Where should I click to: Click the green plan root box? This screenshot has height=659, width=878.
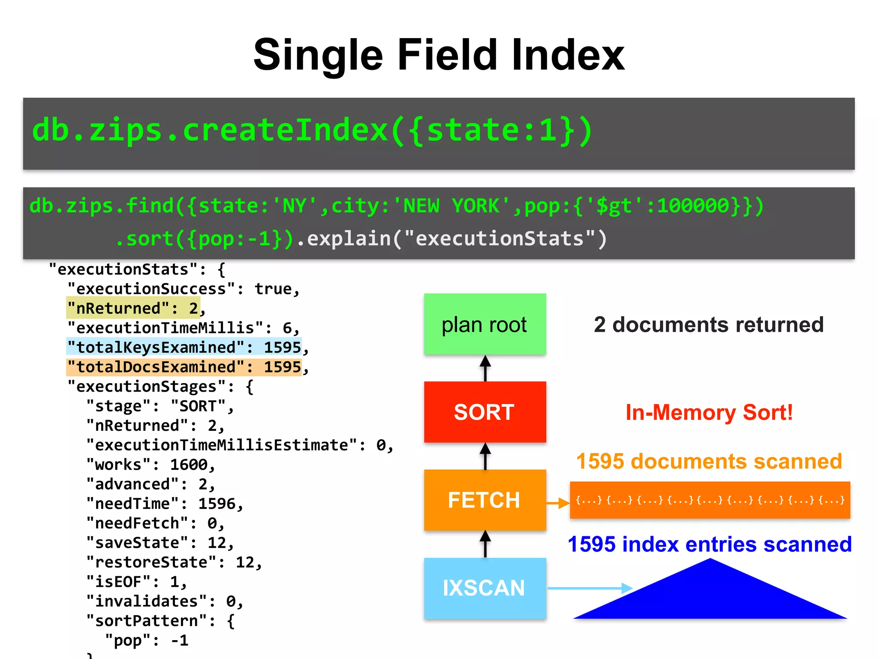pyautogui.click(x=485, y=324)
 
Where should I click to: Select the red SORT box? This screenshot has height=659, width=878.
pyautogui.click(x=485, y=412)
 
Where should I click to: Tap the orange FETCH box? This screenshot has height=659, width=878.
pyautogui.click(x=485, y=500)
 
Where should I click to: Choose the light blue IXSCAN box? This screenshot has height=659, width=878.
pyautogui.click(x=485, y=588)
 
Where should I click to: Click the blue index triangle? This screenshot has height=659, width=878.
pyautogui.click(x=710, y=596)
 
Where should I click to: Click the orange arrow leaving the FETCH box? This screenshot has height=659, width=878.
pyautogui.click(x=558, y=502)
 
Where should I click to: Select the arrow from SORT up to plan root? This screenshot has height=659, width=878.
pyautogui.click(x=485, y=368)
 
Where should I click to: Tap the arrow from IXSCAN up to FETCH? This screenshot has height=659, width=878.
pyautogui.click(x=485, y=544)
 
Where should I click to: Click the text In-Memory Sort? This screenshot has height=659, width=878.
pyautogui.click(x=709, y=412)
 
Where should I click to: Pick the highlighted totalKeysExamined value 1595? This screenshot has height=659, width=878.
pyautogui.click(x=283, y=347)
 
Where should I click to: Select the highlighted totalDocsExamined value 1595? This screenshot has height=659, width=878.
pyautogui.click(x=283, y=367)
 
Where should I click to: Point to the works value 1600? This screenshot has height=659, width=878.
pyautogui.click(x=189, y=464)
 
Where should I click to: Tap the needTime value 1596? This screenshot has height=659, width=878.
pyautogui.click(x=217, y=503)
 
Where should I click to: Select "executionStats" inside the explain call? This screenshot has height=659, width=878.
pyautogui.click(x=499, y=239)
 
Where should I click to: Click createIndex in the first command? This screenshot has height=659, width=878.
pyautogui.click(x=285, y=130)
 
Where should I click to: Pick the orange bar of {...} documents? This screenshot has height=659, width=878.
pyautogui.click(x=710, y=500)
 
